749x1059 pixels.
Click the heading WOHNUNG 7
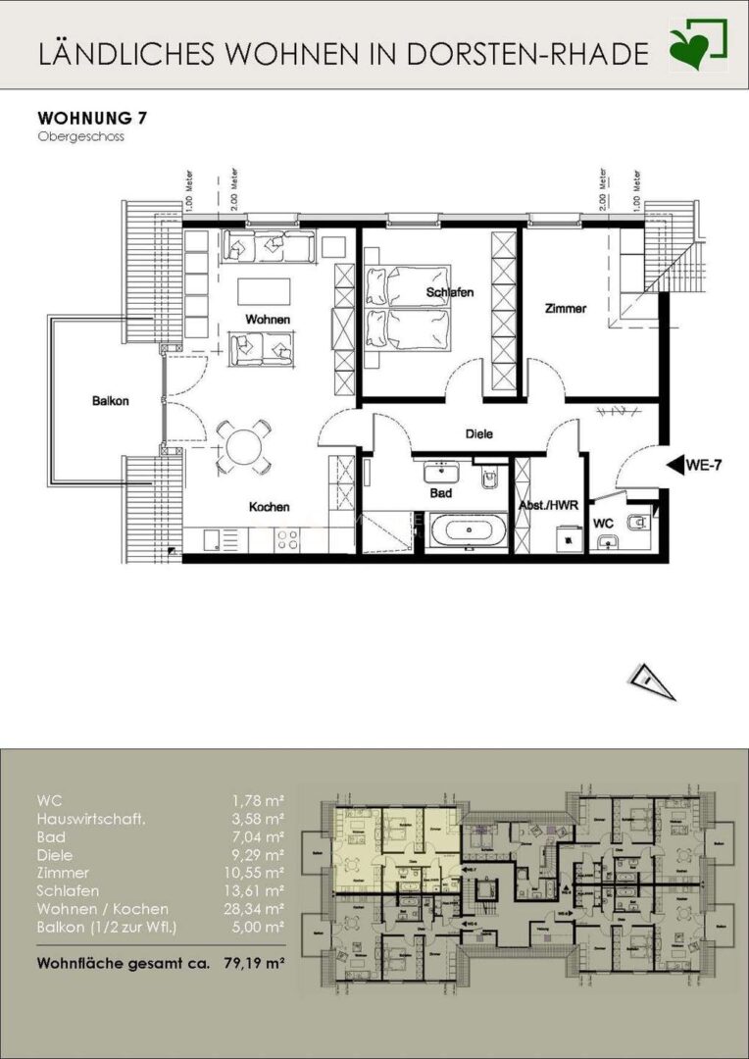pyautogui.click(x=92, y=119)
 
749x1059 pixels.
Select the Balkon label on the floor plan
pyautogui.click(x=111, y=400)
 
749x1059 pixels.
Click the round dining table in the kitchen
pyautogui.click(x=244, y=446)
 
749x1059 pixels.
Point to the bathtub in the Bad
pyautogui.click(x=467, y=532)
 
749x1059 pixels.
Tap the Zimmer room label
pyautogui.click(x=565, y=308)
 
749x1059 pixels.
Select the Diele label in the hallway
pyautogui.click(x=478, y=433)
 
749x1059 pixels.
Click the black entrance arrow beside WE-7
pyautogui.click(x=674, y=466)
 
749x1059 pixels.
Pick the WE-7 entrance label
pyautogui.click(x=706, y=466)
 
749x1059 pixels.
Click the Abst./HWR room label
pyautogui.click(x=550, y=507)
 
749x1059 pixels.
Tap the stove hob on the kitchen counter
pyautogui.click(x=287, y=538)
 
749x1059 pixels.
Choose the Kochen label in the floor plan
pyautogui.click(x=269, y=507)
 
